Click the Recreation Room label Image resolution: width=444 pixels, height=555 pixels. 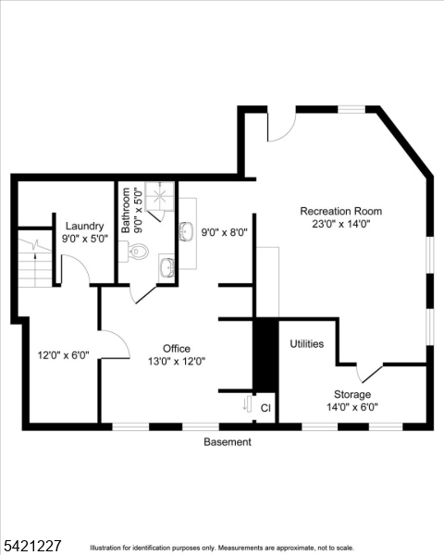tap(341, 211)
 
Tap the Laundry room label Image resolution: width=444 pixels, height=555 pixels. tap(84, 227)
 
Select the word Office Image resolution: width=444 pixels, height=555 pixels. tap(177, 349)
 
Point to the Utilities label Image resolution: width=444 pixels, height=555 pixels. tap(306, 344)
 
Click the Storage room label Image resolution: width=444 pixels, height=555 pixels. tap(352, 394)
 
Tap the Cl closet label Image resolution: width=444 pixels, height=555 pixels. tap(265, 408)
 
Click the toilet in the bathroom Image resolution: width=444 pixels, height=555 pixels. tap(134, 252)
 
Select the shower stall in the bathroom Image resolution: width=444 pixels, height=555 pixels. tap(160, 196)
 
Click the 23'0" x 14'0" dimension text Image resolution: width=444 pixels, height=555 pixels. tap(341, 224)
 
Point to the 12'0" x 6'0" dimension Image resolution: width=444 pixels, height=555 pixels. tap(64, 355)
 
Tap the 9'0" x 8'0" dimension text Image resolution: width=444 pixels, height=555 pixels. tap(224, 232)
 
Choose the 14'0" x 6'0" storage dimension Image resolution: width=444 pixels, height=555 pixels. tap(352, 407)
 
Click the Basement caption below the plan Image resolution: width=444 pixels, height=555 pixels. tap(228, 442)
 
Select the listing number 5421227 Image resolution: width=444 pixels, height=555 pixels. tap(31, 546)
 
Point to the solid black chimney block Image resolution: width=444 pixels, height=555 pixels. tap(265, 355)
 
